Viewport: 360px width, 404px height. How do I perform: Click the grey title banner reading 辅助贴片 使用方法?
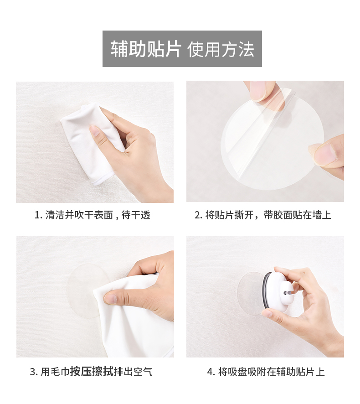[x=182, y=49]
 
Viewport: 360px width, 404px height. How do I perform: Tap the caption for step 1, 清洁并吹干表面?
[x=79, y=215]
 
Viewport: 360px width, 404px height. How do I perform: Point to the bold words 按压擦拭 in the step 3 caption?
[x=92, y=372]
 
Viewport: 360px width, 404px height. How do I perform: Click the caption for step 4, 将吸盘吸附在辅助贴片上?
[x=271, y=372]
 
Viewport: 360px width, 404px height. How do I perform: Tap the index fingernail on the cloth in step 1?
[x=94, y=130]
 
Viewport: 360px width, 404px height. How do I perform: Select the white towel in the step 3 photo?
[x=134, y=317]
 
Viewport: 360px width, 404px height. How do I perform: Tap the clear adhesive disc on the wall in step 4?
[x=251, y=291]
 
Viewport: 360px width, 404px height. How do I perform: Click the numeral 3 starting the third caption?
[x=33, y=372]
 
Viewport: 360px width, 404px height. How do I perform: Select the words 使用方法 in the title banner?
[x=221, y=49]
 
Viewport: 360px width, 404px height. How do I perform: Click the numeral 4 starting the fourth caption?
[x=210, y=372]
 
